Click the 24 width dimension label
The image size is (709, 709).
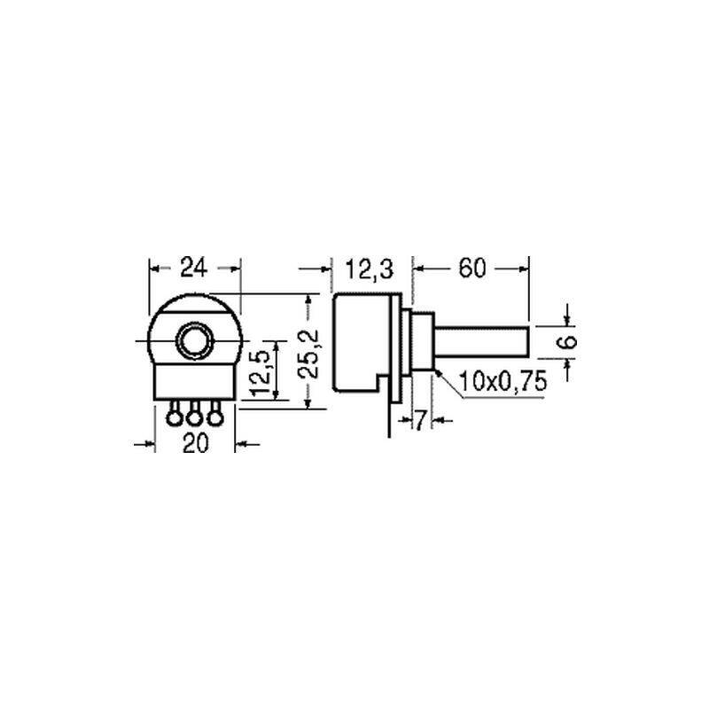coord(193,268)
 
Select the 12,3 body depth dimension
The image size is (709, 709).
coord(370,269)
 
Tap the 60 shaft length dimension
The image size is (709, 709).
coord(472,269)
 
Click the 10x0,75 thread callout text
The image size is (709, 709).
coord(503,381)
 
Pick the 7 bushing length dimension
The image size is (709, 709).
coord(420,421)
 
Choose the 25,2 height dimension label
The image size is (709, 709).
coord(310,354)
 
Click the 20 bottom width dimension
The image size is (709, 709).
coord(195,443)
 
